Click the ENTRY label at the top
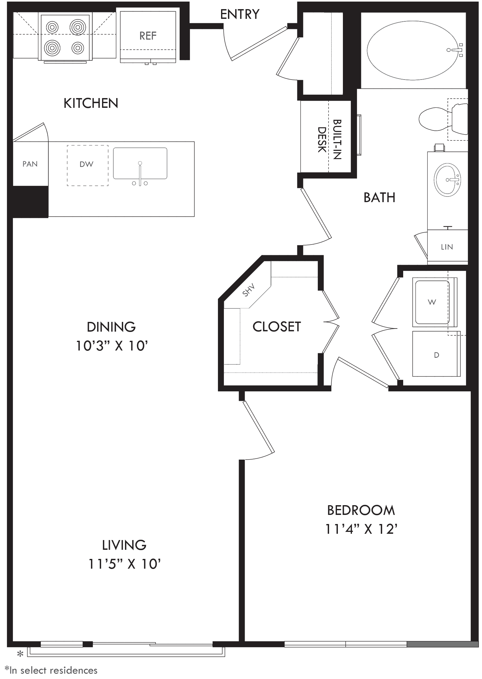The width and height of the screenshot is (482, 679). coord(240,14)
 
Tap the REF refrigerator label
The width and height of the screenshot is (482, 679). coord(148,36)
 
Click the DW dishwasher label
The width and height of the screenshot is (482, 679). coord(86,164)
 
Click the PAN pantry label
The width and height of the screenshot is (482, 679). coord(30,164)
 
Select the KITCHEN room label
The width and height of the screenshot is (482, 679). coord(91,103)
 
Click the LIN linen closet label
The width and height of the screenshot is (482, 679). coord(447,247)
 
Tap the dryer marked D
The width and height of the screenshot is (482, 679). coord(436,354)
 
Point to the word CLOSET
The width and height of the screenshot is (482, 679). coord(277,327)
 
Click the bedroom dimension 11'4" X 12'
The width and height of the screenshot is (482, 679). coord(361,529)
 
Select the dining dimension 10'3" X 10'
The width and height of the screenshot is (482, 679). coord(112,346)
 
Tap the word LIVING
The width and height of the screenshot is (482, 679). coord(124,545)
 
